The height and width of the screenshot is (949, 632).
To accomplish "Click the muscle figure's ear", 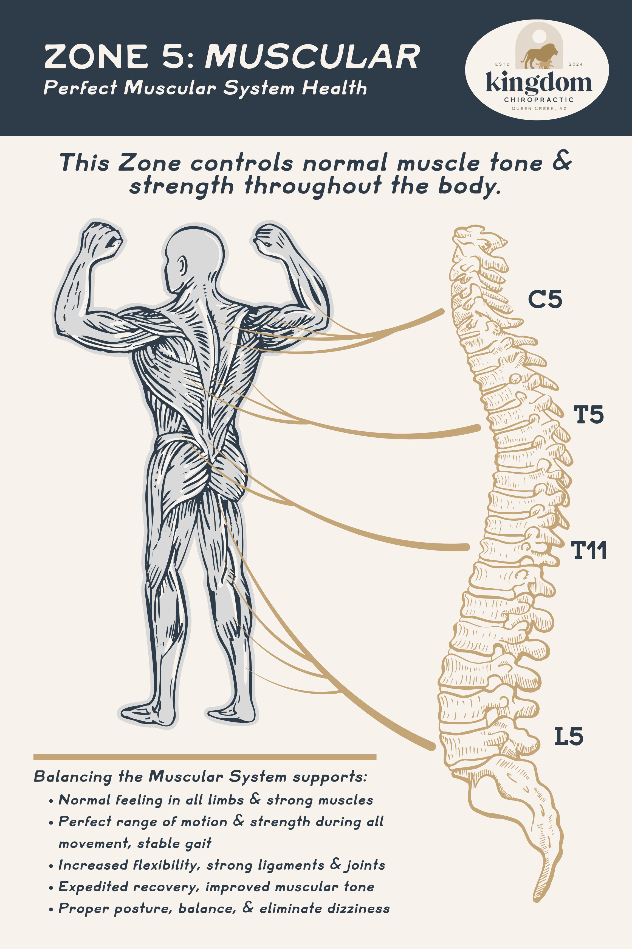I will (x=183, y=266).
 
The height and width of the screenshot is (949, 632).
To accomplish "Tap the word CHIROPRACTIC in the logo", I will (x=538, y=100).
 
